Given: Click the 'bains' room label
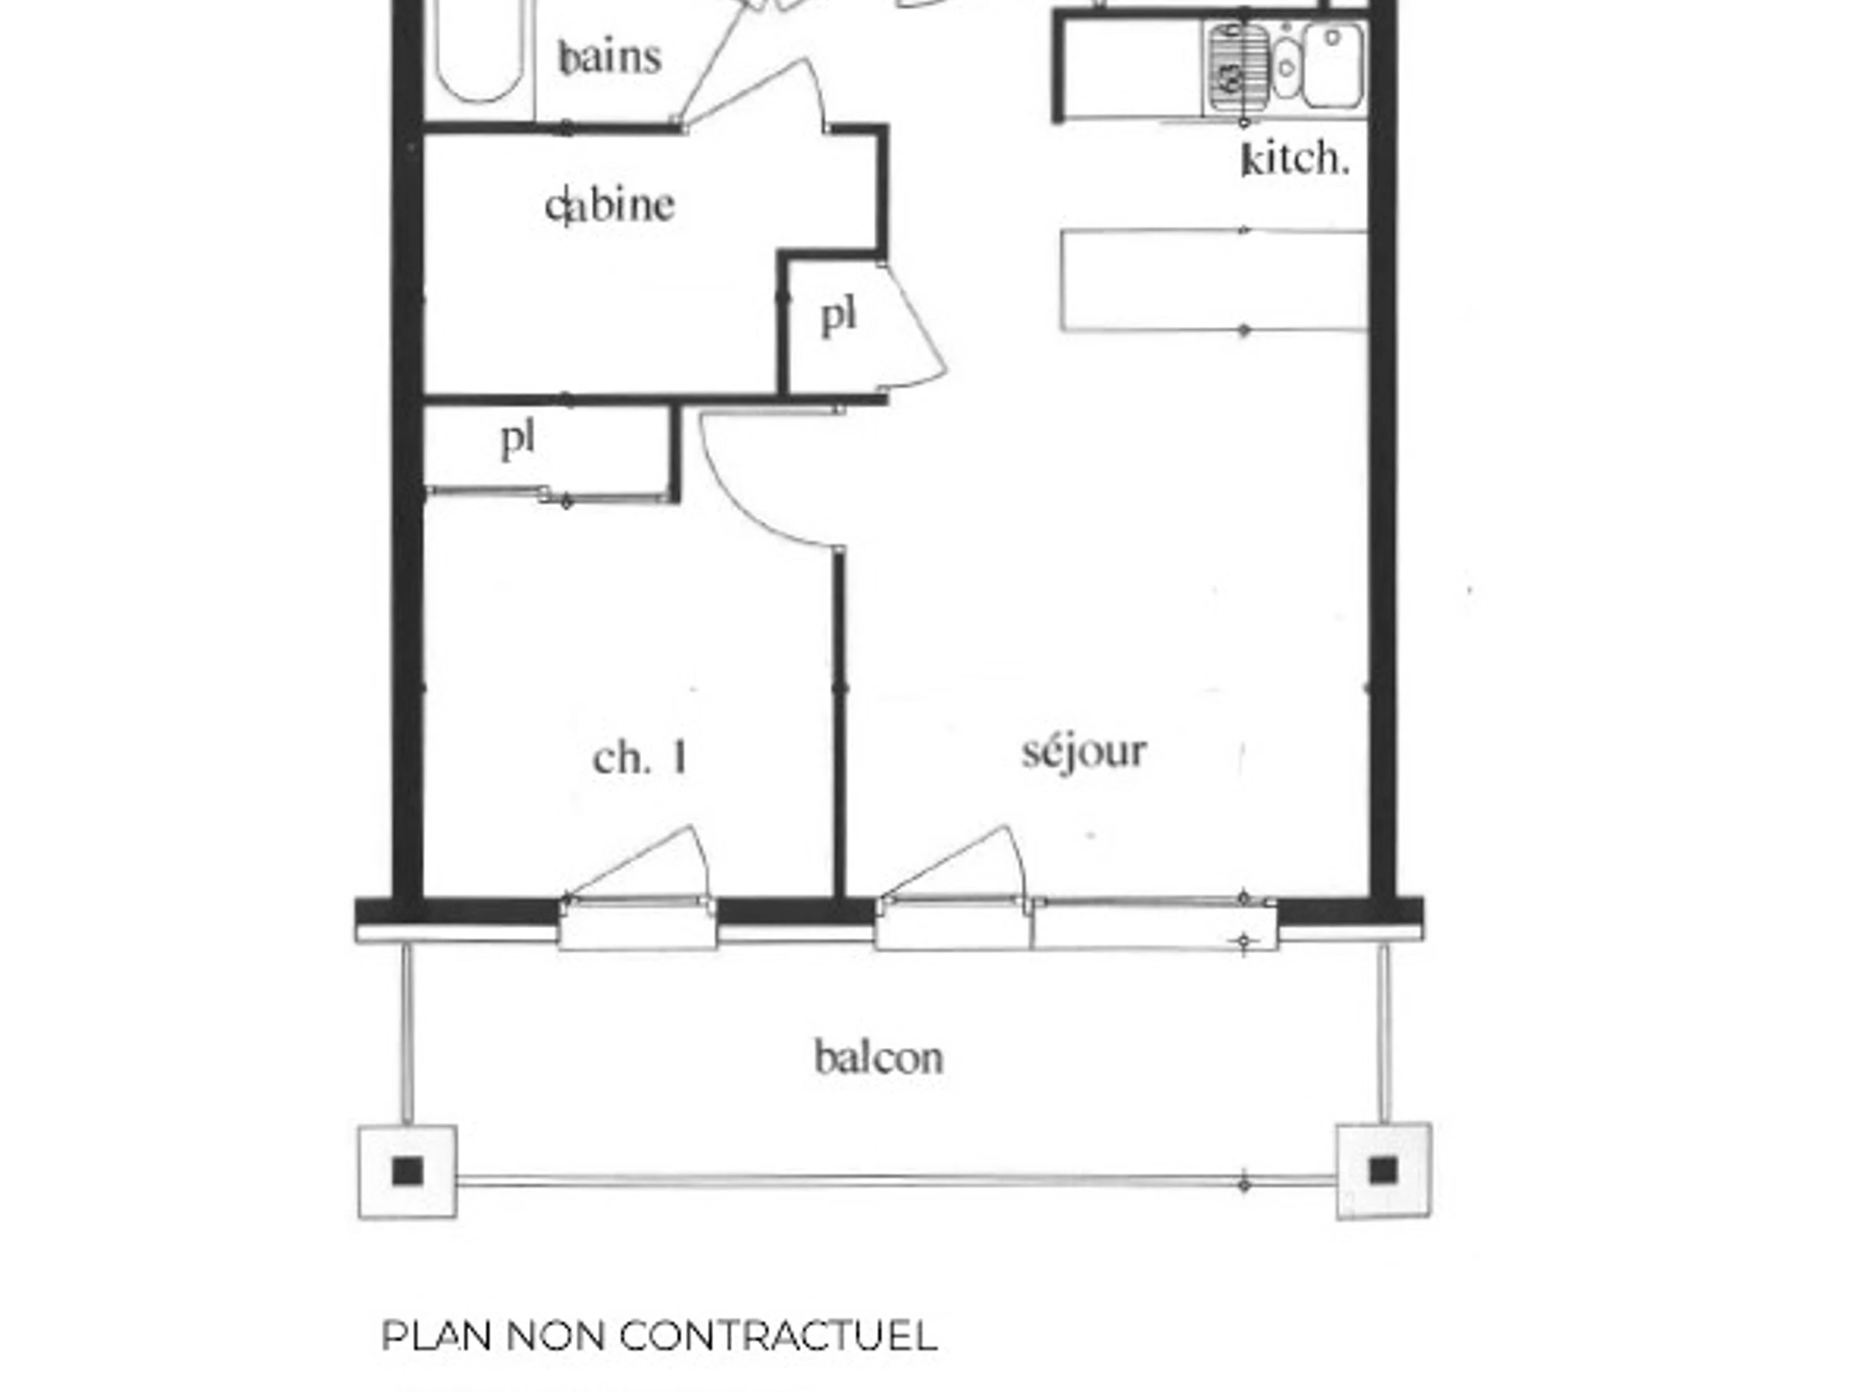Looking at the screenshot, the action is coord(611,57).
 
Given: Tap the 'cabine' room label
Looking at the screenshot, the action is coord(609,206).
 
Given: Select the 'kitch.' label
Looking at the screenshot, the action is coord(1295,159).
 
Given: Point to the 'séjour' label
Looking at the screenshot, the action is coord(1084,752).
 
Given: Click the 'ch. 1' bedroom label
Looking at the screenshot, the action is coord(641,759).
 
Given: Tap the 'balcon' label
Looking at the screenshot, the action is coord(879,1058).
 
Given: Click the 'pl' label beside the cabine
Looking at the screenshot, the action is coord(838,316).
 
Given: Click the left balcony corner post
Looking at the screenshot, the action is coord(408,1172).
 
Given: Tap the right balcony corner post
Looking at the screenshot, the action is coord(1383,1171).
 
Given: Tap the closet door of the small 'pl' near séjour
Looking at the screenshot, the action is coord(915,327).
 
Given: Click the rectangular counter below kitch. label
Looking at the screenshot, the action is coord(1214,280).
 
